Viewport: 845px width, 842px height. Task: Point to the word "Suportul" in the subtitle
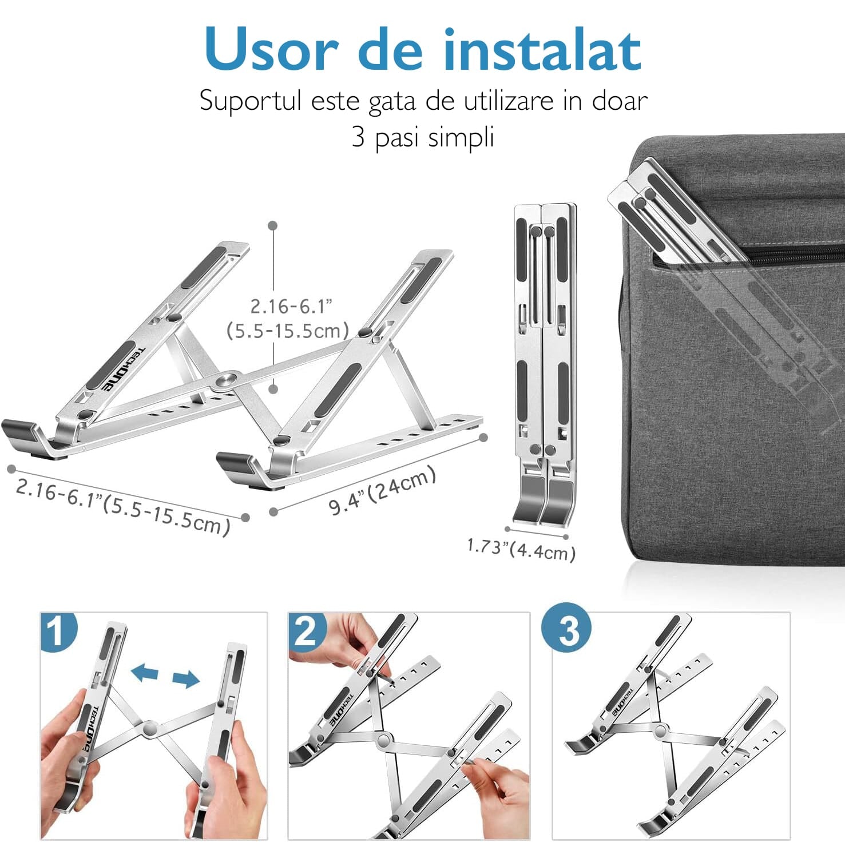(x=250, y=101)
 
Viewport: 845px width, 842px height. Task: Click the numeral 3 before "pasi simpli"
(x=358, y=137)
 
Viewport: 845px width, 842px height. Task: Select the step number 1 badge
(x=57, y=632)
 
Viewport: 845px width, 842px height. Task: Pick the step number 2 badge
(x=306, y=632)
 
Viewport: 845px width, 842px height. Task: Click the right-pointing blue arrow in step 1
(x=186, y=679)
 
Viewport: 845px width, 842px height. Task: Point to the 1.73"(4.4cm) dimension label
(x=521, y=550)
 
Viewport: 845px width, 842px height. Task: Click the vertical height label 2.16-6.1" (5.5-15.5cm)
(x=288, y=319)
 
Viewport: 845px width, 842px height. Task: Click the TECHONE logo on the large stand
(x=123, y=370)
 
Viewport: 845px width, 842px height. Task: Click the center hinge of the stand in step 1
(x=150, y=729)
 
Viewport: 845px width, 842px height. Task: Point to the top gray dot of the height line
(x=273, y=226)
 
